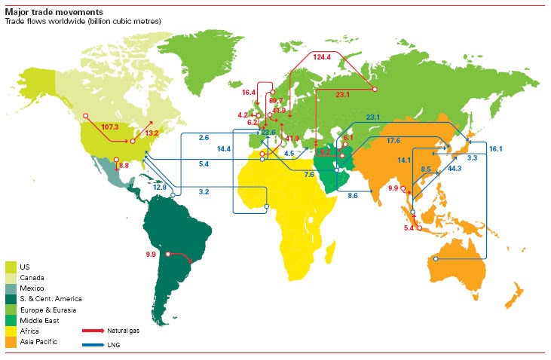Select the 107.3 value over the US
tap(110, 127)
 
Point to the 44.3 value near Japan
tap(454, 169)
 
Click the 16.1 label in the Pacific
tap(495, 150)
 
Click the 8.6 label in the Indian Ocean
tap(353, 196)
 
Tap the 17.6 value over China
tap(393, 141)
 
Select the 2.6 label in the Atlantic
tap(204, 138)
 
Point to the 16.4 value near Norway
tap(249, 93)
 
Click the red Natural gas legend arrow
tap(94, 330)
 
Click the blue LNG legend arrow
tap(94, 345)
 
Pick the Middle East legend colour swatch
tap(11, 320)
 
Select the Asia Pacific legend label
tap(38, 342)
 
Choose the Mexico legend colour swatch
tap(11, 288)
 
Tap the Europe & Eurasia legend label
tap(47, 310)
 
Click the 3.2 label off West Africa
tap(204, 193)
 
